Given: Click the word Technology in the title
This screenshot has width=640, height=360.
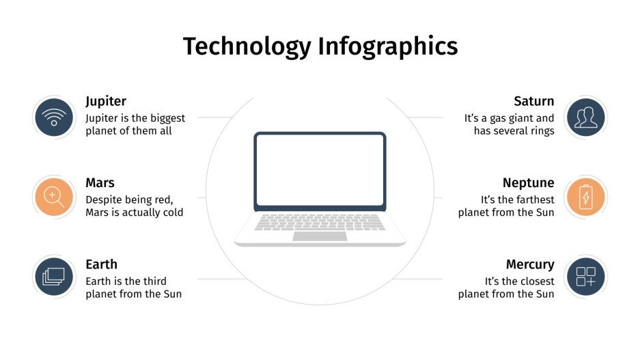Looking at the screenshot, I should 246,46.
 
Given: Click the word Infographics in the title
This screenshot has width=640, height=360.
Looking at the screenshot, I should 387,46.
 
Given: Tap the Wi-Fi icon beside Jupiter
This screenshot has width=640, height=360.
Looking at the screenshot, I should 54,117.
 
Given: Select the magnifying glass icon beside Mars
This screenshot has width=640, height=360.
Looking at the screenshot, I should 54,197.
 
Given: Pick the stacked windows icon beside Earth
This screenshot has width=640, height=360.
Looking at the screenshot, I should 54,277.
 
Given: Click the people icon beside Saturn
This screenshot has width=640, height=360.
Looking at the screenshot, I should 585,117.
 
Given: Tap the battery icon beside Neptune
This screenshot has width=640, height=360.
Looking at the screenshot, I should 585,197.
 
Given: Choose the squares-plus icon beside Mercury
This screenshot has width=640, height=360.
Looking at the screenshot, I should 585,277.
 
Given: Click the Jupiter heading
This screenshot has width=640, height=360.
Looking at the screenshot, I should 106,102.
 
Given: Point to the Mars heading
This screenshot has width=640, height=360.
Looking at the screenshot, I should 100,183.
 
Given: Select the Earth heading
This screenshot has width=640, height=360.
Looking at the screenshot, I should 101,264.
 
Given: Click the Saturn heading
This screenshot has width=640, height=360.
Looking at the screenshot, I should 533,102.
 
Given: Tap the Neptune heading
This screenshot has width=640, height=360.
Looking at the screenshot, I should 528,183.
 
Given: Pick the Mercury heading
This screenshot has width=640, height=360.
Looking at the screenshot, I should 529,264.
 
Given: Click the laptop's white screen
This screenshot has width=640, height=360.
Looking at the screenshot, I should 320,170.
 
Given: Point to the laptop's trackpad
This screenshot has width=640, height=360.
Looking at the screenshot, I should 320,236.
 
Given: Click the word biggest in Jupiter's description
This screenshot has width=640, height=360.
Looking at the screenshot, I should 162,118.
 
